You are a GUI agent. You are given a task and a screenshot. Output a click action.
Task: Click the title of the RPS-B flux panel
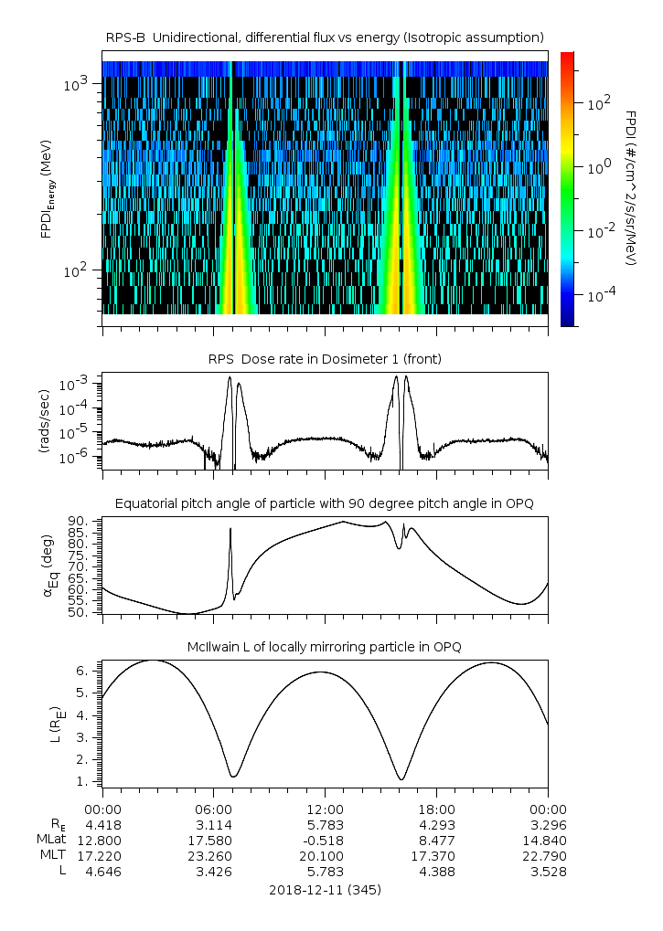[x=325, y=37]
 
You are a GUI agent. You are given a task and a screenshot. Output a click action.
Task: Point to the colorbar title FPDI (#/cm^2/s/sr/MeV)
[x=633, y=187]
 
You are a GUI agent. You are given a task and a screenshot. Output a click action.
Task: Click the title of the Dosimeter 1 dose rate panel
[x=325, y=359]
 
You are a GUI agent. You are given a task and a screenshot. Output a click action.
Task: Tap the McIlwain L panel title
[x=325, y=647]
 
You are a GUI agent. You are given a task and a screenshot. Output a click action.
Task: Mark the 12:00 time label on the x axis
[x=325, y=809]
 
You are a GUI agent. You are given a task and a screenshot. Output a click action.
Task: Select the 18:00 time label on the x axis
[x=436, y=809]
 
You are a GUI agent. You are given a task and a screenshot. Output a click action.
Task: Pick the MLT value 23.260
[x=213, y=856]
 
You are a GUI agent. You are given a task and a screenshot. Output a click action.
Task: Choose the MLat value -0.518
[x=325, y=840]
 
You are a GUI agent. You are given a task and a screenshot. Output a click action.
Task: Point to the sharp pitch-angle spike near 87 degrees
[x=230, y=529]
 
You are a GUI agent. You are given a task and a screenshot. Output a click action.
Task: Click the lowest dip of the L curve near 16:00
[x=401, y=779]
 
